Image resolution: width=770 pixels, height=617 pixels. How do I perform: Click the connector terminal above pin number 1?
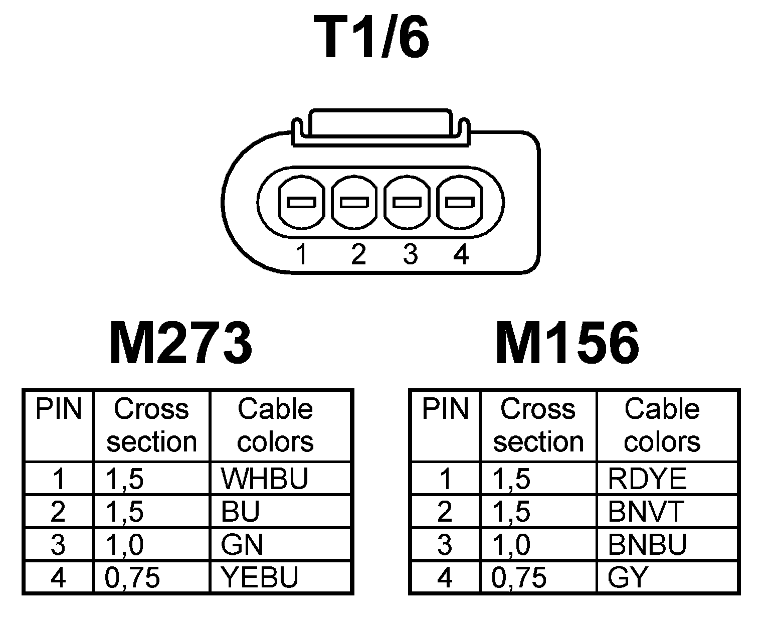click(x=301, y=203)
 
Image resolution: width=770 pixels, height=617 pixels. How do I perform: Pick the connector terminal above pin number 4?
click(x=460, y=203)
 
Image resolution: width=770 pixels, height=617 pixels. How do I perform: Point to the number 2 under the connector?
click(x=358, y=255)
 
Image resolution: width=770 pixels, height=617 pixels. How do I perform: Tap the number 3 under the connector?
click(x=410, y=255)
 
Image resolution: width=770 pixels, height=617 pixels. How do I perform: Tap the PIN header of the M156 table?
click(x=445, y=409)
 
